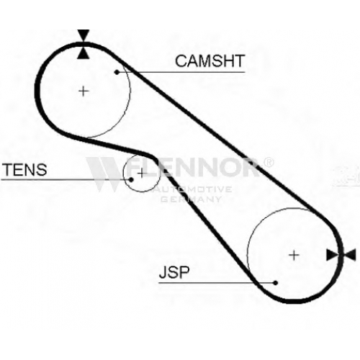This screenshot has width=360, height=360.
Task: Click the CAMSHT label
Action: point(210,61)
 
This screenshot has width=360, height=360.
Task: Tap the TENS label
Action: point(24,169)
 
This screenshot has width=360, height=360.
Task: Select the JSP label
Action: point(174,272)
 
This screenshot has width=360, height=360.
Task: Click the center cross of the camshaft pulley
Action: point(84,91)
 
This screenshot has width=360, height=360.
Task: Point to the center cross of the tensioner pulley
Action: point(142,173)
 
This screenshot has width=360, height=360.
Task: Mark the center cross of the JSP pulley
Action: point(294,256)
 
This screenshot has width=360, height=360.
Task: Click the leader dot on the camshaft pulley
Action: point(117,72)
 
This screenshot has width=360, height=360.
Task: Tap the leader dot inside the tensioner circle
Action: point(131,179)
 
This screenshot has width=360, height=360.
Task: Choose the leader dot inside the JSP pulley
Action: point(276,283)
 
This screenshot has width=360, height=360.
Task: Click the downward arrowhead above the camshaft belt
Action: point(84,35)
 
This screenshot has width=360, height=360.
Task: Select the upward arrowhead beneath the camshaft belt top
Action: point(84,53)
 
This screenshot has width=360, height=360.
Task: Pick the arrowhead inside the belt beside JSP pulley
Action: point(333,255)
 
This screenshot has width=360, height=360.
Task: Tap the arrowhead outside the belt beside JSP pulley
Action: point(350,255)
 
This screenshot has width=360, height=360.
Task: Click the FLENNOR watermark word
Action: point(192,167)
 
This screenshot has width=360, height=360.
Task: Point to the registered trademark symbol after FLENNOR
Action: point(268,162)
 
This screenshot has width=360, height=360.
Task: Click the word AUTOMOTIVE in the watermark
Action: point(194,189)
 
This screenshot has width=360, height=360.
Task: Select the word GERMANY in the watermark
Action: point(191,199)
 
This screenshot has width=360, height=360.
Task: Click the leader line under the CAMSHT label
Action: point(181,72)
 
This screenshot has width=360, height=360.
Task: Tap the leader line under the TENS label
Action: point(66,179)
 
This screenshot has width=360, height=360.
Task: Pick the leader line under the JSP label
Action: point(217,283)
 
